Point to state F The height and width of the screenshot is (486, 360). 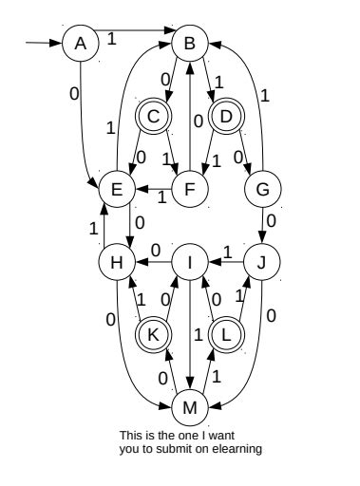coord(190,189)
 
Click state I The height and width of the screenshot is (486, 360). coord(191,264)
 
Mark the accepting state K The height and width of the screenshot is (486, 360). coord(153,334)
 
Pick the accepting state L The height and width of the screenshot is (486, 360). coord(227,334)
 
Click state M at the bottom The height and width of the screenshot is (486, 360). coord(191,409)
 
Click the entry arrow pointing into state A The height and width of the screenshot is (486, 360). coord(43,42)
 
